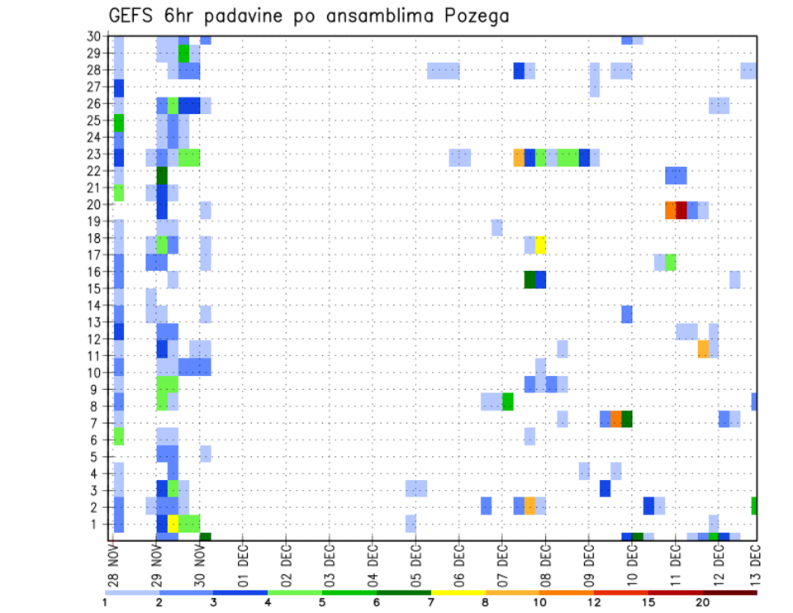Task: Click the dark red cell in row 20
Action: [x=681, y=210]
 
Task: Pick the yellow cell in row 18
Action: [x=540, y=245]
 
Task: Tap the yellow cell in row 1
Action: [x=173, y=523]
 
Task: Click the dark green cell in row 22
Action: [x=162, y=175]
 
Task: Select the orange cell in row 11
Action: [x=703, y=349]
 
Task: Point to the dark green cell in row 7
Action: [x=627, y=419]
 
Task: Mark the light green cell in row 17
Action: [x=671, y=262]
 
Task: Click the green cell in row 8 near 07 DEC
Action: [x=507, y=402]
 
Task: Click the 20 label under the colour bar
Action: [x=703, y=602]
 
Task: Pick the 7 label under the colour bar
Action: [x=430, y=602]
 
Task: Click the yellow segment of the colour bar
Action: [x=458, y=592]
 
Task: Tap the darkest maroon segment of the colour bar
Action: [x=730, y=592]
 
